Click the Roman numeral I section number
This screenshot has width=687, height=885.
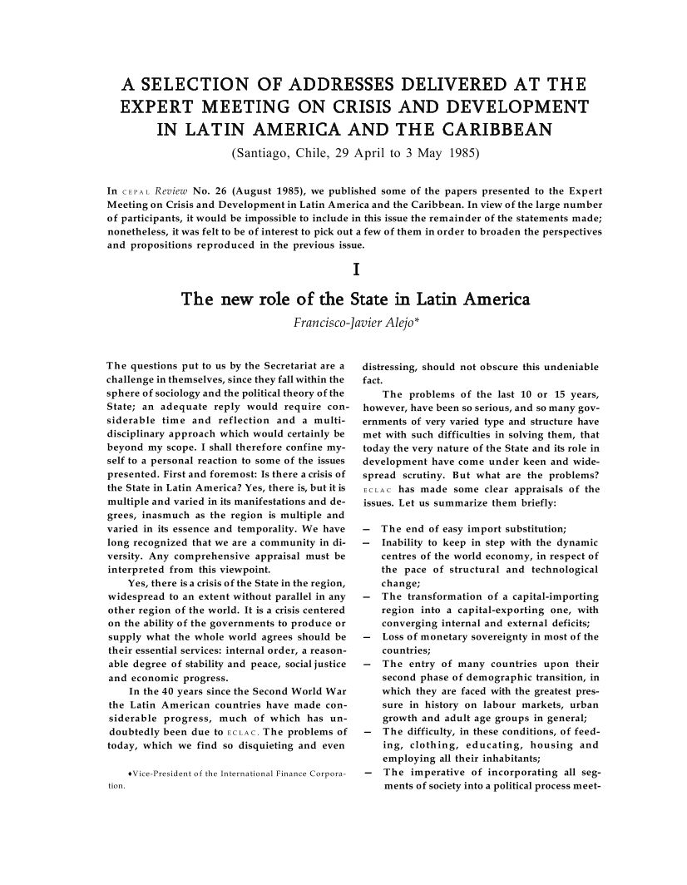point(356,269)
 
